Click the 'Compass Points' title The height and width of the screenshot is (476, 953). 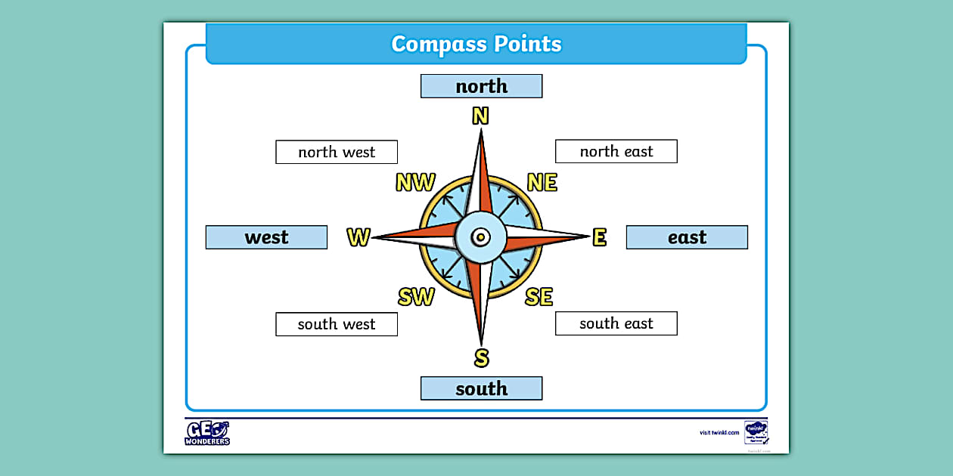[x=476, y=44]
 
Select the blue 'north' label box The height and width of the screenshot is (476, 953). [x=481, y=86]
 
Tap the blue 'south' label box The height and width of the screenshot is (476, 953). [x=481, y=388]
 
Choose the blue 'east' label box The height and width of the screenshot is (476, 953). [x=687, y=237]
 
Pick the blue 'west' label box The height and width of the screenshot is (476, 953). [x=266, y=237]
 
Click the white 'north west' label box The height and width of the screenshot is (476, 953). [x=337, y=152]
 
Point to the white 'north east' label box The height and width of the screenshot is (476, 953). [x=616, y=151]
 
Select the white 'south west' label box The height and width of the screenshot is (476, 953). [x=337, y=324]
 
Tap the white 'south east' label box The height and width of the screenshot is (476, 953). [x=616, y=323]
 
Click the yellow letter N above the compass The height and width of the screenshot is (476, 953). [x=480, y=116]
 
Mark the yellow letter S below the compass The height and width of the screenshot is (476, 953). [x=481, y=357]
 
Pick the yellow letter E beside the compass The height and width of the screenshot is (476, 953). [x=599, y=237]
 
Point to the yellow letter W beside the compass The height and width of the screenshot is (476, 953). [x=359, y=237]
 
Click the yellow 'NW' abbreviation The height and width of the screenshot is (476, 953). [x=415, y=183]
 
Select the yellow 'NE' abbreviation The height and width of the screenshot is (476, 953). [x=542, y=183]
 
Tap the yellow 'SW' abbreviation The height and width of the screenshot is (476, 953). [x=416, y=297]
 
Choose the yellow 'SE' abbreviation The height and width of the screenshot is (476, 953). [x=539, y=297]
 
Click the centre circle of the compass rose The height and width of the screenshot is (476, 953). [x=480, y=237]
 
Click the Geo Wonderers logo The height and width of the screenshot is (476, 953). [x=207, y=433]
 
